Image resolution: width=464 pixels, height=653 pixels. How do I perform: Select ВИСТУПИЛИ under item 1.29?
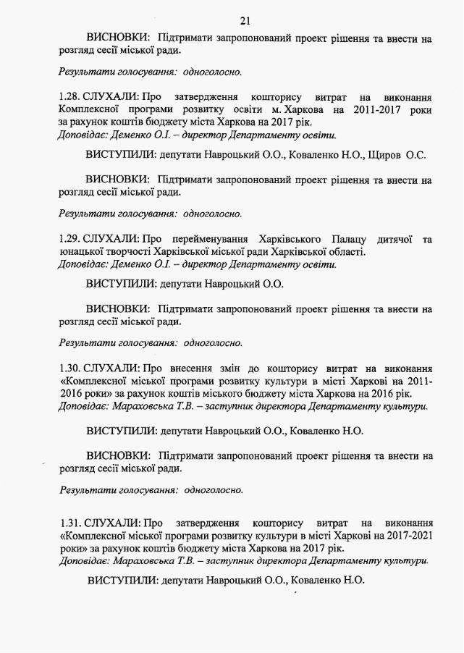122,284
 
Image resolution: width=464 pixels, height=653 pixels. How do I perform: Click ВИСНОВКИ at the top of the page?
118,38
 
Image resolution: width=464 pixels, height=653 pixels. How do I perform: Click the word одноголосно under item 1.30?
214,489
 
